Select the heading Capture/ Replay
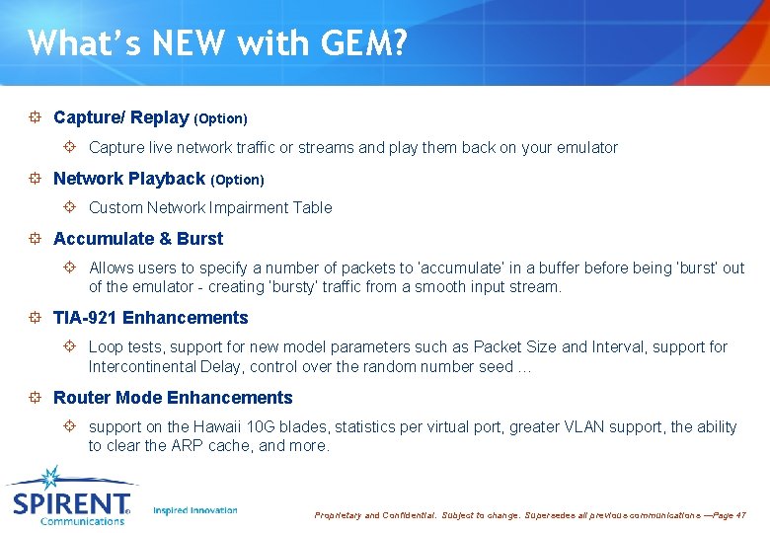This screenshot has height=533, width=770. coord(120,117)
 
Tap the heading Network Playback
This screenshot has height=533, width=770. coord(128,179)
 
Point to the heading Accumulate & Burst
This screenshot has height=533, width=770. coord(138,239)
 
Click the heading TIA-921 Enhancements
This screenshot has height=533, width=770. coord(150,318)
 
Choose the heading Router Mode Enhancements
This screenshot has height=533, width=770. coord(173,398)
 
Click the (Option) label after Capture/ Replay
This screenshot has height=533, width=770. coord(220,118)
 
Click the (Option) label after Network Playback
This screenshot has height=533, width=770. coord(237,180)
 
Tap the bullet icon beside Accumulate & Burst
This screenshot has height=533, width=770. coord(35,239)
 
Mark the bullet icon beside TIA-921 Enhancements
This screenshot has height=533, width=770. coord(35,318)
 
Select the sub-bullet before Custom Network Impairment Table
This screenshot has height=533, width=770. coord(70,207)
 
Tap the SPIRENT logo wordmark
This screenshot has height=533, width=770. coord(71,503)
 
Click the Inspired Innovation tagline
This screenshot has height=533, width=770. coord(195,510)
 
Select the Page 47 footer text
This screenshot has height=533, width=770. coord(728,515)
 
